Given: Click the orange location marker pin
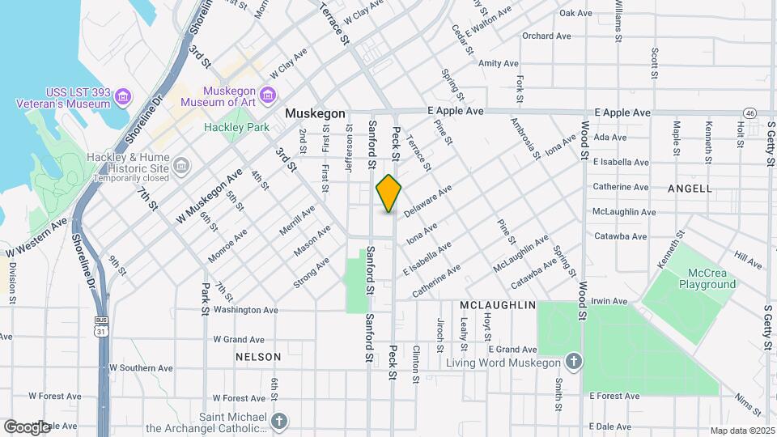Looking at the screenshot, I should click(x=388, y=193).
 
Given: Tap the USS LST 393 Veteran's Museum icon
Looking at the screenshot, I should click(x=122, y=98).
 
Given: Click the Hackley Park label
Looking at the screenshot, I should click(x=236, y=127).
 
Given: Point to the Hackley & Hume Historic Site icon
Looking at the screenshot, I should click(x=181, y=167).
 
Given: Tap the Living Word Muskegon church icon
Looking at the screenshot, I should click(x=573, y=362).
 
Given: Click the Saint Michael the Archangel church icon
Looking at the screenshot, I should click(x=278, y=422).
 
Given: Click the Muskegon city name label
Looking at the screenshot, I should click(x=315, y=114).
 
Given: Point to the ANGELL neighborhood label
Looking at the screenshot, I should click(x=690, y=189).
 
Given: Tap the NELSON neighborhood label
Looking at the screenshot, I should click(x=258, y=357).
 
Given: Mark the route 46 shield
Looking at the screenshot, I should click(x=751, y=112).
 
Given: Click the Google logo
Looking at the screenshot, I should click(x=26, y=426).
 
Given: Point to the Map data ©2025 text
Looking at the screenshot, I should click(x=742, y=431).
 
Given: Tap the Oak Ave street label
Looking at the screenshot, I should click(x=576, y=13).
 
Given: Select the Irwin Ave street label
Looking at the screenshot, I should click(x=609, y=301).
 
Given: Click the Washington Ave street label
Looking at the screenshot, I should click(x=245, y=310).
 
